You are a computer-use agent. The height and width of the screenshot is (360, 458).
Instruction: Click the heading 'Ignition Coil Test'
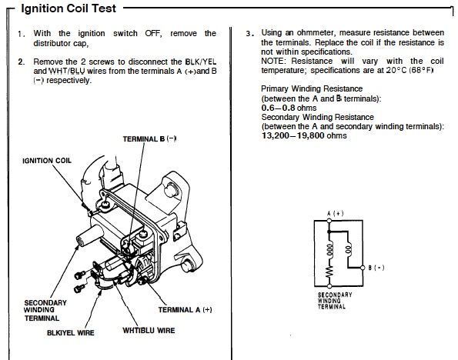(69, 8)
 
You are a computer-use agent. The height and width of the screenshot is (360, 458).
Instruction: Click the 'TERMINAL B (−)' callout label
(149, 138)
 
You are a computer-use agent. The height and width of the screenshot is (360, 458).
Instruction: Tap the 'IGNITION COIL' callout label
(47, 161)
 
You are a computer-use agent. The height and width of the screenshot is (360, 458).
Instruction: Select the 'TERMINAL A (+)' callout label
(186, 309)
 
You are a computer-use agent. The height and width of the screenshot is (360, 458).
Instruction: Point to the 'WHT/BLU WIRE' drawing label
(149, 330)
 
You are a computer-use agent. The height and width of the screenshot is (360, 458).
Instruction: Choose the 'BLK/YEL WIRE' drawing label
(70, 332)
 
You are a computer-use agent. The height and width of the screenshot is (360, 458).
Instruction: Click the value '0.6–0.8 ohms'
(289, 108)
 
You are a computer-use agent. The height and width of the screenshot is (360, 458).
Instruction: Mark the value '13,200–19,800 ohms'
(304, 135)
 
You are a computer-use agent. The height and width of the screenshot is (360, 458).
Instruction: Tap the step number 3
(249, 33)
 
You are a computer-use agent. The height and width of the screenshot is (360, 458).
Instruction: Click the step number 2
(21, 62)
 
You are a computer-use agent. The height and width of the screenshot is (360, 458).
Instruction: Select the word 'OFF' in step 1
(152, 33)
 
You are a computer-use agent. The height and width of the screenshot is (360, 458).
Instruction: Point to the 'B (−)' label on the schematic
(376, 268)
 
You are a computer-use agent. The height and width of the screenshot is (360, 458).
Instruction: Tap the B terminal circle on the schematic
(363, 268)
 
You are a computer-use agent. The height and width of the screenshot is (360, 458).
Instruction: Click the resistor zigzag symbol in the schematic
(329, 272)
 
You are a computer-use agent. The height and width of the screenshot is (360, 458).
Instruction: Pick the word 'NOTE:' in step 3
(273, 61)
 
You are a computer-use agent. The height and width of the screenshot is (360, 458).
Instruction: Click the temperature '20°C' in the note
(396, 70)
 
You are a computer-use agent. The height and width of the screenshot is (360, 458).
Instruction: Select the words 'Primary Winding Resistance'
(312, 88)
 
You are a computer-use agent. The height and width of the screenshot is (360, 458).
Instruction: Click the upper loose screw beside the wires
(80, 275)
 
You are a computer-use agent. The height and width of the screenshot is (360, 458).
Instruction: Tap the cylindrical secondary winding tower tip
(80, 241)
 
